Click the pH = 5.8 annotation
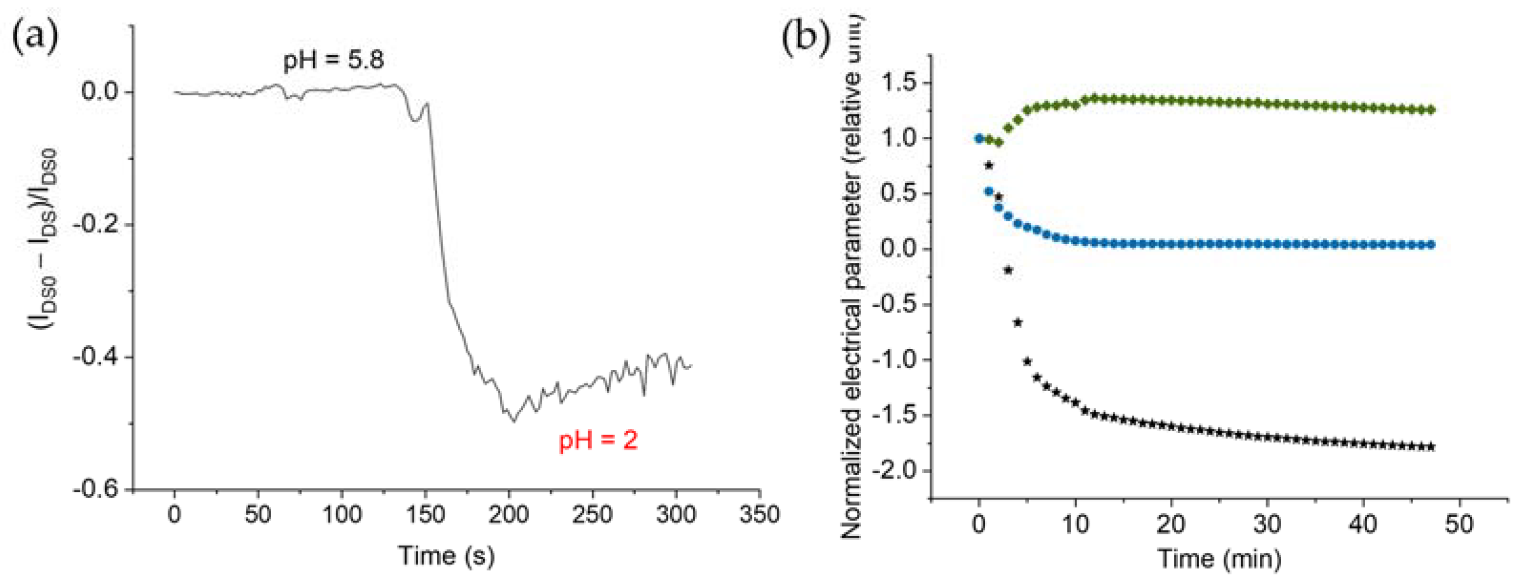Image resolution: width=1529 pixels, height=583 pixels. (333, 60)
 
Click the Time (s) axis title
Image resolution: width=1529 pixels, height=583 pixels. (446, 556)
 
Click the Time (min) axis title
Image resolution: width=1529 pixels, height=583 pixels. (1219, 558)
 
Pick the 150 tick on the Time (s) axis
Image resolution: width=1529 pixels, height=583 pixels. (425, 514)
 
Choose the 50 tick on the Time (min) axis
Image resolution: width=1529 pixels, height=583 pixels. (1458, 524)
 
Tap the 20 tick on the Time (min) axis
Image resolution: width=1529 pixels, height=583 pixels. (1170, 524)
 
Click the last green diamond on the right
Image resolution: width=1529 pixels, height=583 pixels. (1431, 110)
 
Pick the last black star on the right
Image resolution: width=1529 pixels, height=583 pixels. (1431, 447)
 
